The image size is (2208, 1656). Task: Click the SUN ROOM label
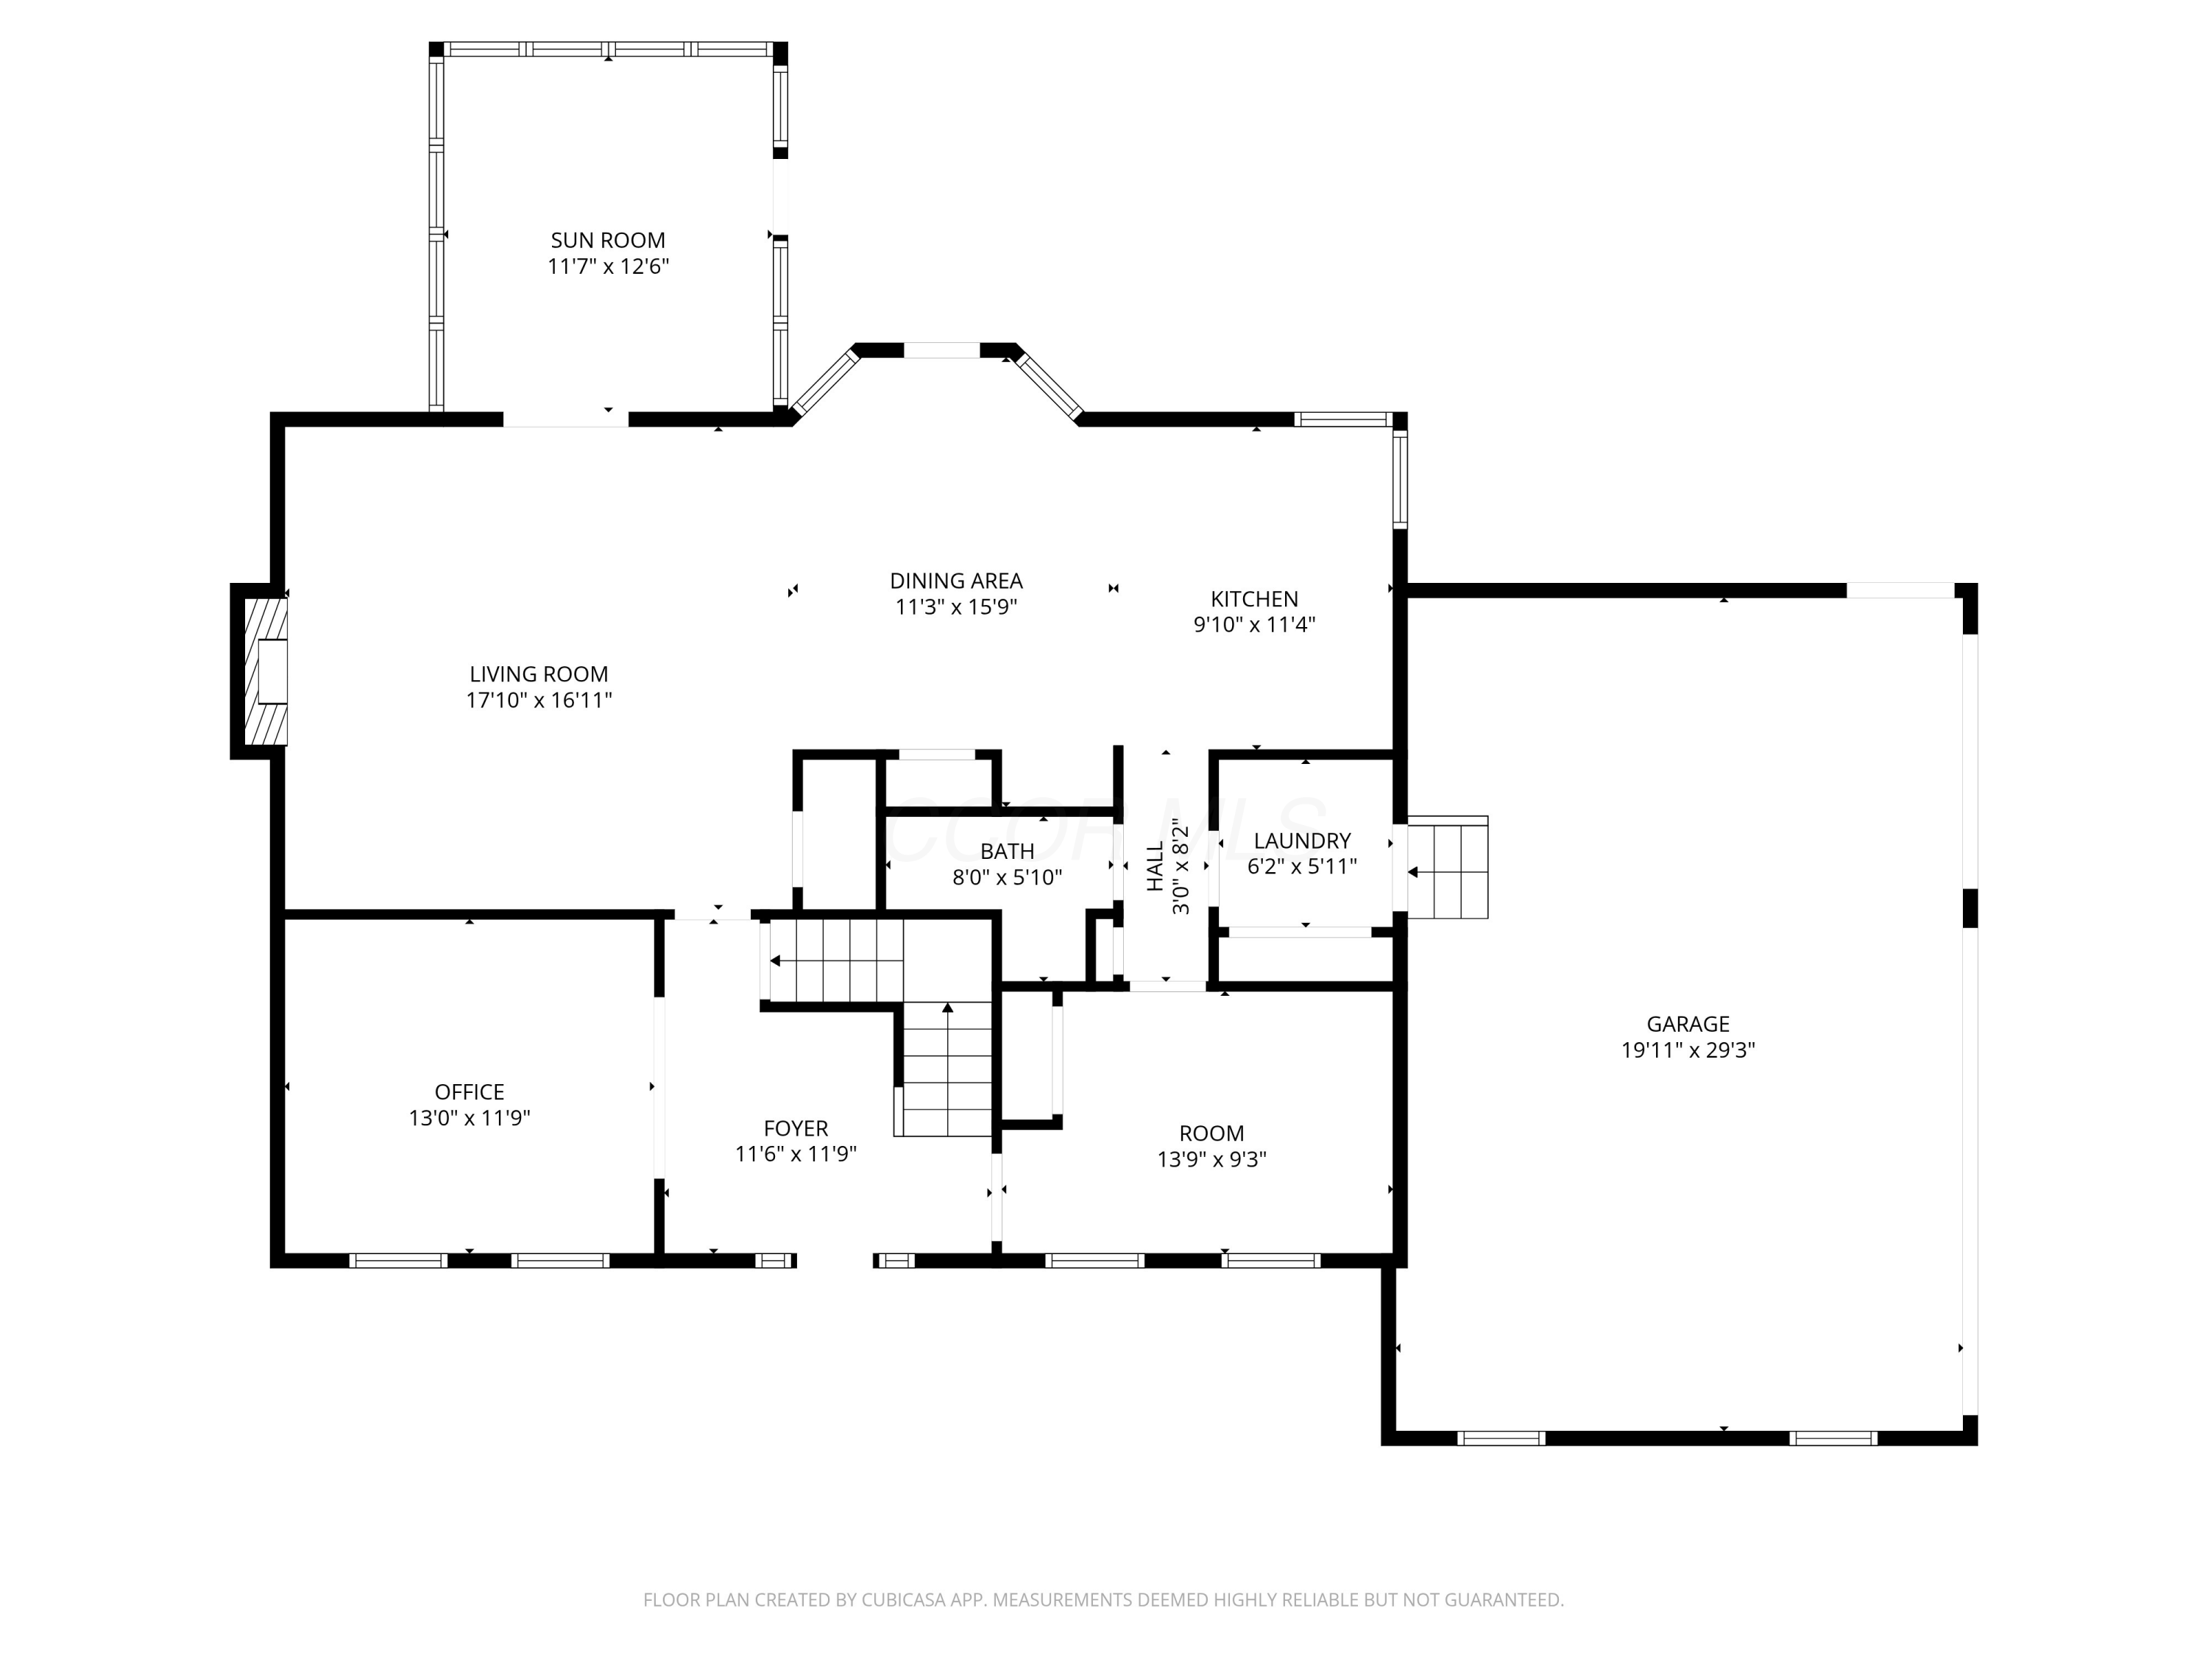(608, 241)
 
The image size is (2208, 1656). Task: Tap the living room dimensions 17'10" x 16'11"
(539, 701)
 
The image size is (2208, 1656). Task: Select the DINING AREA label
(956, 581)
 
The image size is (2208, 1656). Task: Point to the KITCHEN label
(1255, 599)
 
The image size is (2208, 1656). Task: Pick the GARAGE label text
(1688, 1025)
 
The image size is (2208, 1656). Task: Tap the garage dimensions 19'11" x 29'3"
(1688, 1050)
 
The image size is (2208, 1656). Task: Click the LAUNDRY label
(1303, 841)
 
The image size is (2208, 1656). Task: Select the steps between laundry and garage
(1448, 868)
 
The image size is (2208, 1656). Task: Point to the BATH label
(1007, 852)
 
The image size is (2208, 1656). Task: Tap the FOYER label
(796, 1129)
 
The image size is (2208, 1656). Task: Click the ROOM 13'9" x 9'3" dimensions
(1211, 1160)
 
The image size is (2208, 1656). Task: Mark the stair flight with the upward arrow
(947, 1069)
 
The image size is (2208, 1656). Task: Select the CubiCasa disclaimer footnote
(1103, 1600)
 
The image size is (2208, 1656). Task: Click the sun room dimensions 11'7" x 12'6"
(608, 266)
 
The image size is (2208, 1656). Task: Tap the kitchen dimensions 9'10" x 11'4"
(1255, 625)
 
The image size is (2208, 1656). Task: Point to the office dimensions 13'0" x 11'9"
(469, 1118)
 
